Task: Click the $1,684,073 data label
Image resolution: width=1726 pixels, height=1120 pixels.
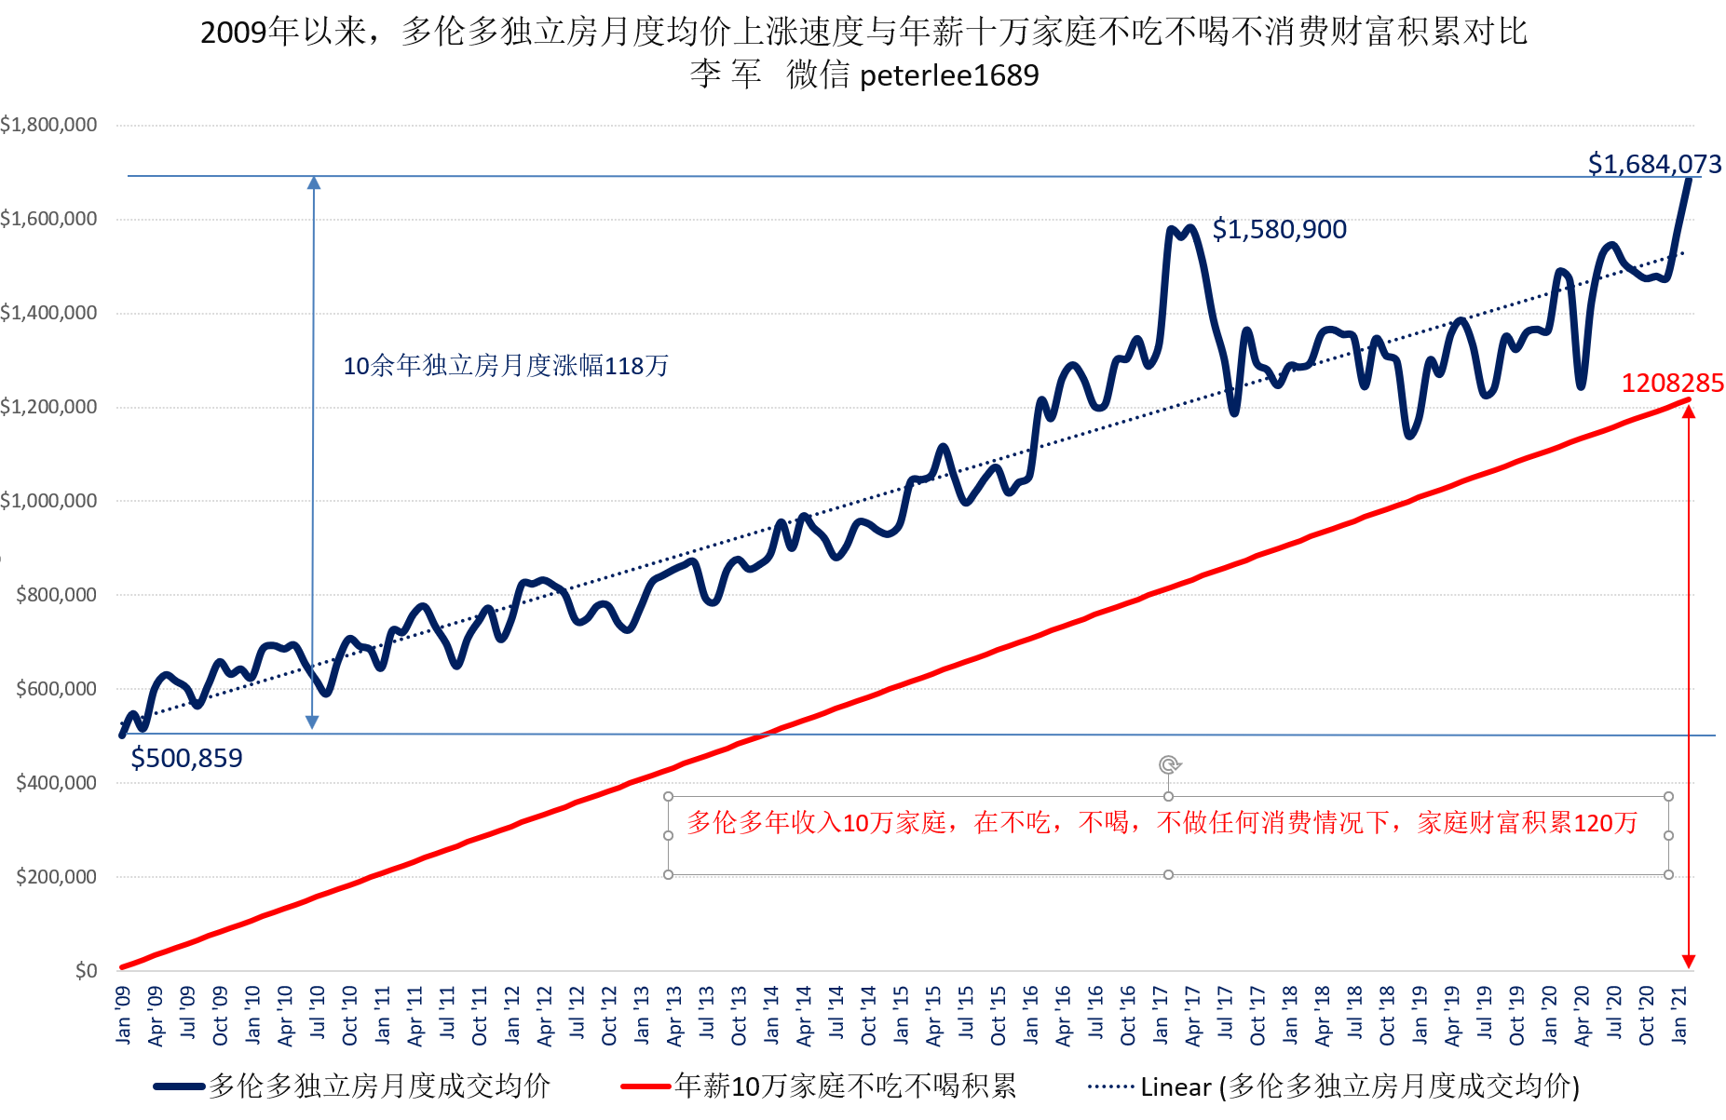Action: click(x=1653, y=164)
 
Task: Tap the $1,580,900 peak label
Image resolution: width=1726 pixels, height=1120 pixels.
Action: click(x=1279, y=229)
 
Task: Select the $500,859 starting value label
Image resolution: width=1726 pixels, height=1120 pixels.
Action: click(x=186, y=758)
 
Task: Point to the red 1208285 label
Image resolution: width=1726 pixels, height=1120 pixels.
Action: click(x=1672, y=383)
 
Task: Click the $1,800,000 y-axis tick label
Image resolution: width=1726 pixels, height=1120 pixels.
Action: click(x=48, y=125)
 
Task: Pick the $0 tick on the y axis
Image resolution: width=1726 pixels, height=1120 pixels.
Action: click(x=86, y=971)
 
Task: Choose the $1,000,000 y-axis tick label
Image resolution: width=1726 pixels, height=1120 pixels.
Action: click(x=48, y=501)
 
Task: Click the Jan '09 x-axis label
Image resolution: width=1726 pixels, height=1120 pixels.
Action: click(x=124, y=1015)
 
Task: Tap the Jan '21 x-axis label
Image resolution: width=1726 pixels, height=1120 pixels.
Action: click(x=1679, y=1015)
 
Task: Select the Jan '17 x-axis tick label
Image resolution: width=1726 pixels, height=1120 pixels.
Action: click(x=1161, y=1015)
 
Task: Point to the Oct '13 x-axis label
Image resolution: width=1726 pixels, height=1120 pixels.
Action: click(x=739, y=1015)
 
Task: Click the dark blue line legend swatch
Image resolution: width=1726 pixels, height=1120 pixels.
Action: click(x=179, y=1086)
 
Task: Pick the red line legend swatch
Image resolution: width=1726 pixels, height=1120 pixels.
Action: click(x=646, y=1086)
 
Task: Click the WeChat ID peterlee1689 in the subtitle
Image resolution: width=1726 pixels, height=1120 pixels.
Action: click(x=948, y=75)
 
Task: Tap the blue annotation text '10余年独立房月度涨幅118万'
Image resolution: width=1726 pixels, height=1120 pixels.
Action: click(x=506, y=366)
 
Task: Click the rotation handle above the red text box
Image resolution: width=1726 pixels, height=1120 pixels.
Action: click(x=1169, y=764)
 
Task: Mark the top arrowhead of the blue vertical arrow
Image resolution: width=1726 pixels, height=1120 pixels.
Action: click(x=314, y=182)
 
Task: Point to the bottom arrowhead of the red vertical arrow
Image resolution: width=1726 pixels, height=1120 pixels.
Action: click(x=1689, y=961)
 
